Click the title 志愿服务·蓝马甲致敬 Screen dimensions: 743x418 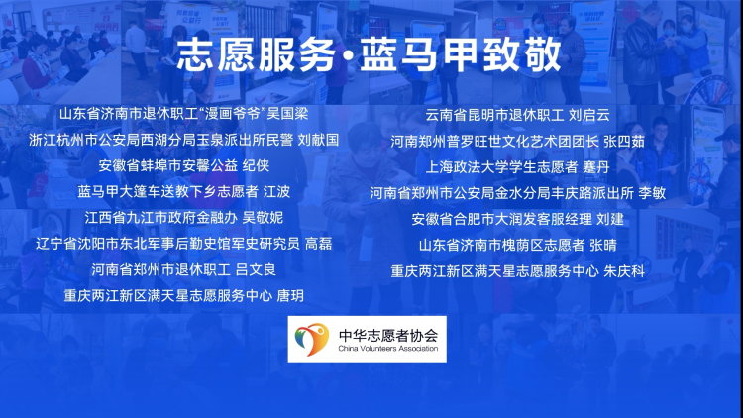tap(370, 55)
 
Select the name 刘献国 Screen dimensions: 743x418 tap(318, 140)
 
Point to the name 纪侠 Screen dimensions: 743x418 tap(256, 165)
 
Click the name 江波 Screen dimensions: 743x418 tap(276, 192)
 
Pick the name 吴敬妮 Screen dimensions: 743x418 tap(263, 218)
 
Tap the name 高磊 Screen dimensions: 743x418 tap(318, 244)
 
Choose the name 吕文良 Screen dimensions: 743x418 tap(256, 270)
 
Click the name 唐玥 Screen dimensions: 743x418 tap(290, 296)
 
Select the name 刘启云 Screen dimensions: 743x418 tap(589, 115)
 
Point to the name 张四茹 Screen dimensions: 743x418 tap(624, 142)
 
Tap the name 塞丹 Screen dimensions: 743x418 tap(596, 167)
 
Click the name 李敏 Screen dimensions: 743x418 tap(652, 193)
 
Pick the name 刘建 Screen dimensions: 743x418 tap(610, 220)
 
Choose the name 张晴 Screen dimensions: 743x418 tap(603, 246)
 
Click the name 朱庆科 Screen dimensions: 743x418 tap(624, 271)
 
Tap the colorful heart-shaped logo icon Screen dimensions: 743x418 tap(311, 340)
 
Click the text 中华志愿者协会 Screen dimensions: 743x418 tap(388, 336)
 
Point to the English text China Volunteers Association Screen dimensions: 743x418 tap(388, 349)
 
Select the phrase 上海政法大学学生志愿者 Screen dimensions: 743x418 tap(501, 167)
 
